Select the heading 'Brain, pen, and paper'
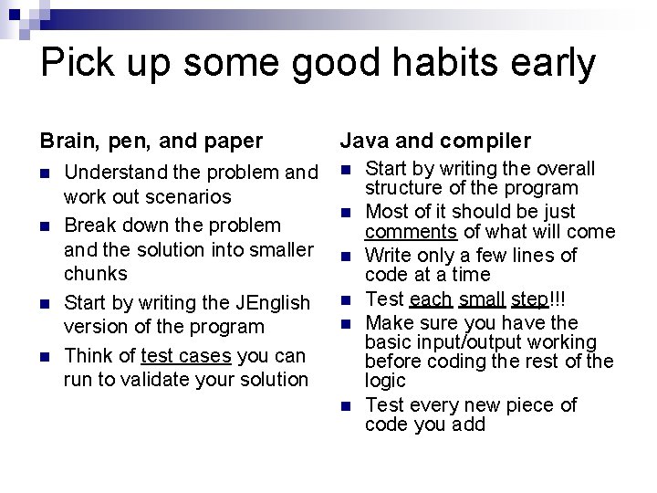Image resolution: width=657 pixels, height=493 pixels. [x=151, y=141]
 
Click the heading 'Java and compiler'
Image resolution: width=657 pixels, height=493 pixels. [x=435, y=141]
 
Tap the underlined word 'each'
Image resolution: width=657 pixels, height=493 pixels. [x=431, y=299]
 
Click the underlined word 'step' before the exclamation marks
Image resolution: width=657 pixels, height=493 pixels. [x=529, y=299]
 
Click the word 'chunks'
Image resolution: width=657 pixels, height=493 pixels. [x=96, y=273]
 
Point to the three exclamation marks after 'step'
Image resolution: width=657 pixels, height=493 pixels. [x=558, y=299]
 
